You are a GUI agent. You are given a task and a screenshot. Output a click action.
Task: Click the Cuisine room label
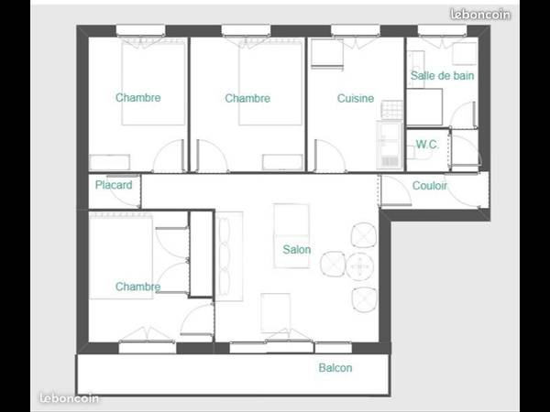pyautogui.click(x=356, y=99)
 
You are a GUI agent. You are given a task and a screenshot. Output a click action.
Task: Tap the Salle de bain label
pyautogui.click(x=442, y=76)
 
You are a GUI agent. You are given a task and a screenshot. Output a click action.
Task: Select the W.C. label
pyautogui.click(x=426, y=145)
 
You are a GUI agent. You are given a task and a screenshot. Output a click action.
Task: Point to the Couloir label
pyautogui.click(x=430, y=185)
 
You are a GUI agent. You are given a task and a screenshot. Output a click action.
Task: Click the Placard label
pyautogui.click(x=114, y=185)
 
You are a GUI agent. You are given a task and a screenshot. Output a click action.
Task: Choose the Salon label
pyautogui.click(x=296, y=250)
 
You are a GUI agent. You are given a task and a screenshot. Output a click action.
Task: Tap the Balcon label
pyautogui.click(x=335, y=368)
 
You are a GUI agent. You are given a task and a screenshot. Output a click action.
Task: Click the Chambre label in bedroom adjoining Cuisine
pyautogui.click(x=247, y=99)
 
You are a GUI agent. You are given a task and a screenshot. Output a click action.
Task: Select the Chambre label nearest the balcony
pyautogui.click(x=138, y=287)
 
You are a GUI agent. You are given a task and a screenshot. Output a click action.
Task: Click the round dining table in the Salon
pyautogui.click(x=359, y=266)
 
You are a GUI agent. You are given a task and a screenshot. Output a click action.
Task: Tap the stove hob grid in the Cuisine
pyautogui.click(x=391, y=109)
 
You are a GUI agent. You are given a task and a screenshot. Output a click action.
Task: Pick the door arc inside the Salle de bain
pyautogui.click(x=465, y=114)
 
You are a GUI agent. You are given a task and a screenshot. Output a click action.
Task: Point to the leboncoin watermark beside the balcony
pyautogui.click(x=69, y=398)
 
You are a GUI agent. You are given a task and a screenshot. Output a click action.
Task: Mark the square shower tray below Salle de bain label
pyautogui.click(x=425, y=107)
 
